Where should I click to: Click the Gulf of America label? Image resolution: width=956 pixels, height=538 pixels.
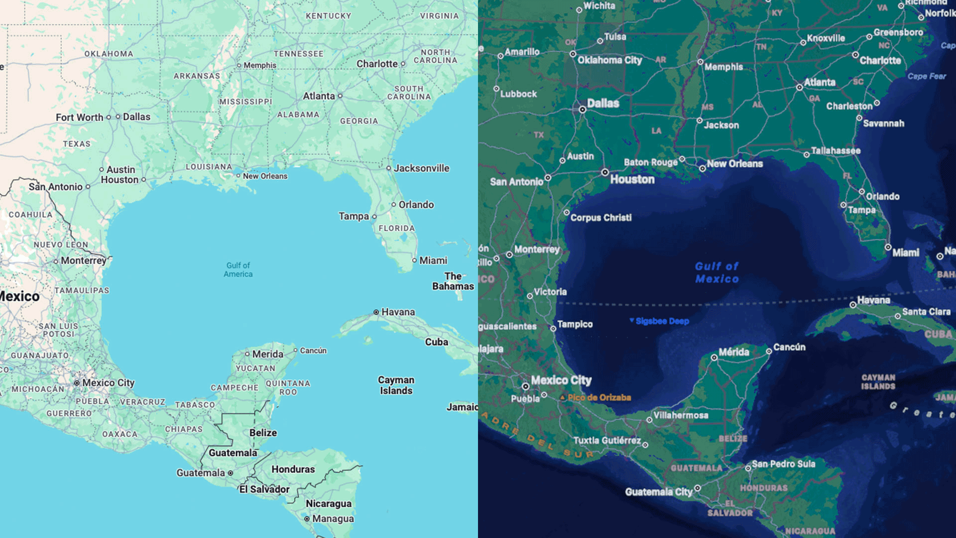238,269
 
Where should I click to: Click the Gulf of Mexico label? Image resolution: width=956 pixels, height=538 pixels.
717,272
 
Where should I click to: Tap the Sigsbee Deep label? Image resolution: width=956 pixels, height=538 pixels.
662,321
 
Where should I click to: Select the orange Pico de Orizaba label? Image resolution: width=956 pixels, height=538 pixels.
599,398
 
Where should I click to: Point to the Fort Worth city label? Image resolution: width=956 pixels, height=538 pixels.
79,118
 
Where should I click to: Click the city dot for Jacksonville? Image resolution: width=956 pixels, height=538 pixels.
389,168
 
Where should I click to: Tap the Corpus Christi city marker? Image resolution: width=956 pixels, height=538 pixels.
566,213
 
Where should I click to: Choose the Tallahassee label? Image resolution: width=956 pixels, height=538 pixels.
836,151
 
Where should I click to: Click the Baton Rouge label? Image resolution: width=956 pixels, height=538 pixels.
650,162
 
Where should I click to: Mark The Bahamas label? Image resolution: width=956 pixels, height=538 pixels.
453,281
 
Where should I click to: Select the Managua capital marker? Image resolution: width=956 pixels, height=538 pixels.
307,519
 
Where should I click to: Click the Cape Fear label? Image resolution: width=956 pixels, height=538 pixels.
926,76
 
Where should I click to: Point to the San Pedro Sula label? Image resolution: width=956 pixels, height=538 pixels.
783,464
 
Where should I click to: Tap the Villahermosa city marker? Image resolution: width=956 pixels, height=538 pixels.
649,420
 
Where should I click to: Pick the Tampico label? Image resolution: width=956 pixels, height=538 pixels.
575,324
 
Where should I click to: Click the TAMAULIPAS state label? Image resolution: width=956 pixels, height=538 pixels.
82,290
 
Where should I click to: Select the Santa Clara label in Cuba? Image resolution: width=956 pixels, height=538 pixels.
926,312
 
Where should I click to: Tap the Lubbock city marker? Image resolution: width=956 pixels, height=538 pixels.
496,89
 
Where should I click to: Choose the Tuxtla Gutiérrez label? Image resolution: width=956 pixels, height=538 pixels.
607,440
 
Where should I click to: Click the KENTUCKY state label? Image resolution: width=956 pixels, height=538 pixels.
329,16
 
